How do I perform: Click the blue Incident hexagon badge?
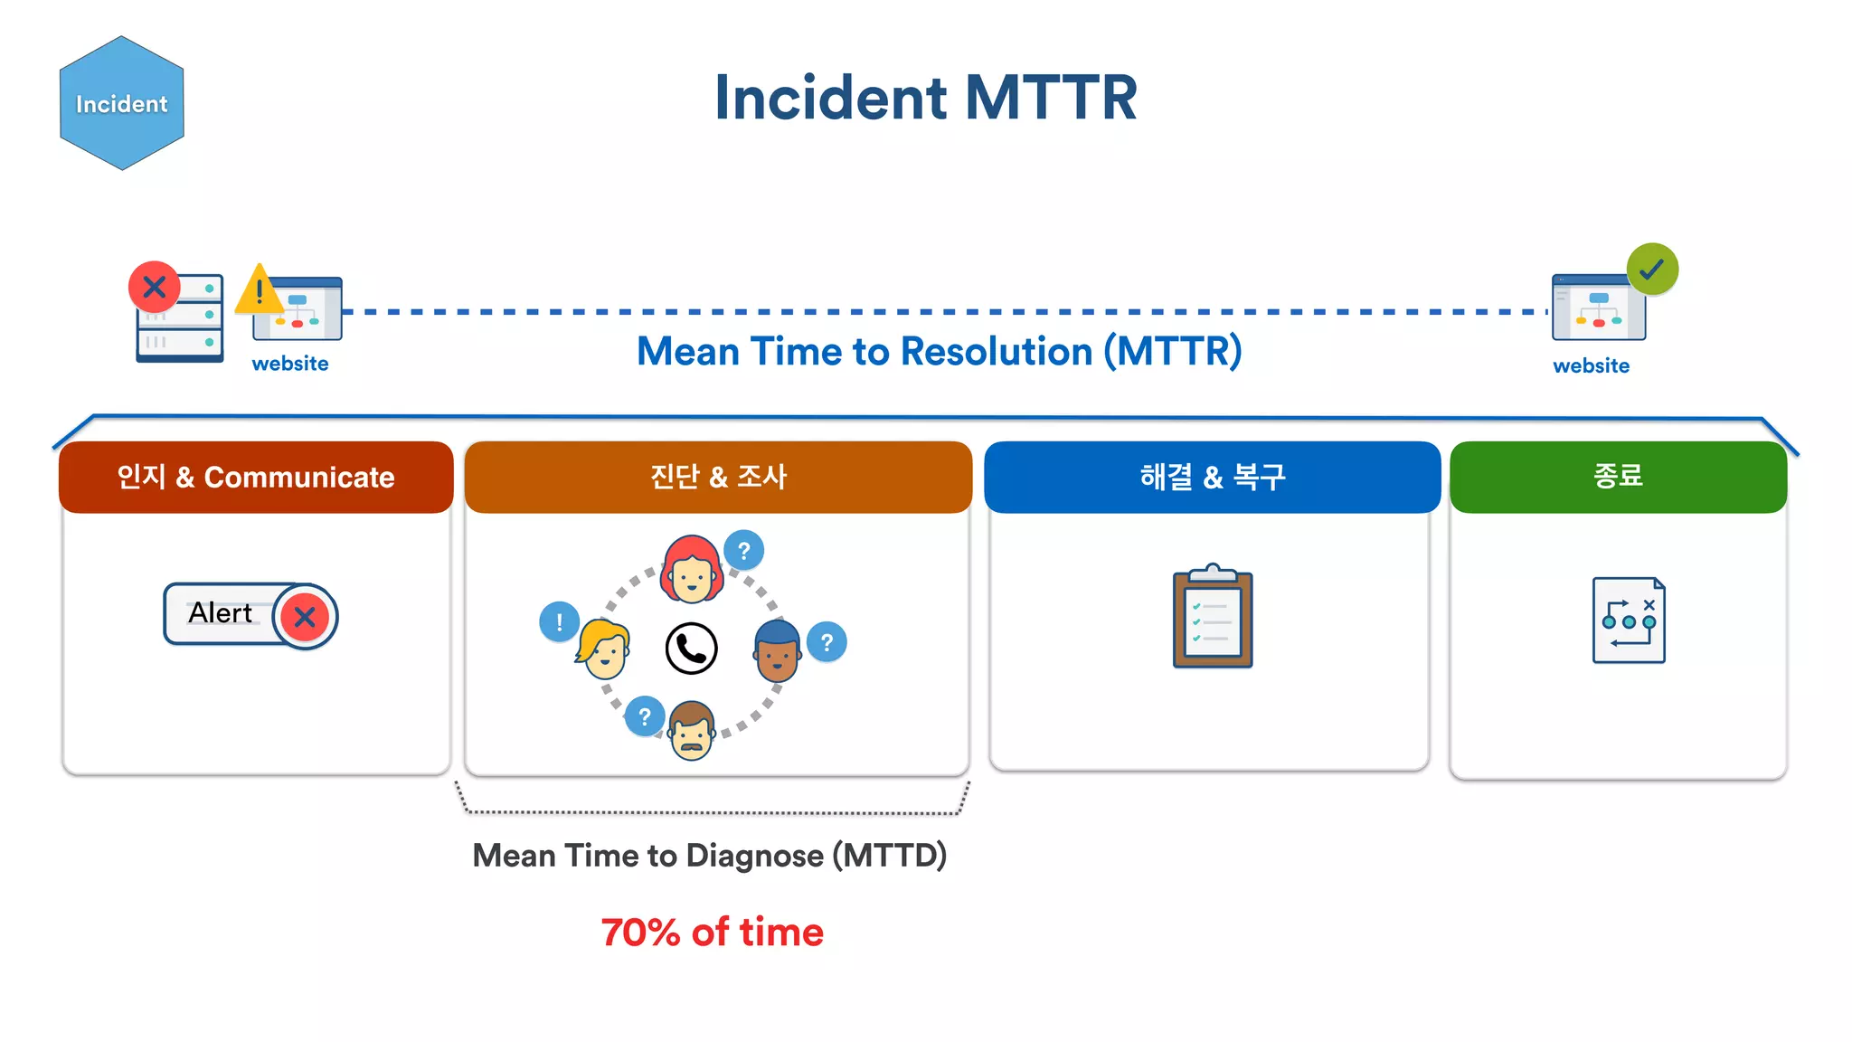tap(121, 103)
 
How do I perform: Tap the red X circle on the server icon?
tap(155, 288)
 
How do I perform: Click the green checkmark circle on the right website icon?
tap(1652, 269)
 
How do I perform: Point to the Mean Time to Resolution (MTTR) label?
tap(939, 352)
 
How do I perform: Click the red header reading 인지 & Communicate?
tap(256, 477)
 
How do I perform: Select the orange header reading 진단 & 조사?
tap(718, 477)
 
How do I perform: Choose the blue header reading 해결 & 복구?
tap(1212, 477)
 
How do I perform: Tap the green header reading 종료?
tap(1618, 476)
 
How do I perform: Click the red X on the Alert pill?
tap(305, 617)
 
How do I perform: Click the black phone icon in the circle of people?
tap(692, 649)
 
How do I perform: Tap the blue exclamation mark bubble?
tap(559, 622)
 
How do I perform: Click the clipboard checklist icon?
tap(1213, 619)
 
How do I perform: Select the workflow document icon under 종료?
tap(1629, 620)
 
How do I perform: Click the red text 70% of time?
tap(713, 933)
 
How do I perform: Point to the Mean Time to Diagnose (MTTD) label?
tap(710, 856)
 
